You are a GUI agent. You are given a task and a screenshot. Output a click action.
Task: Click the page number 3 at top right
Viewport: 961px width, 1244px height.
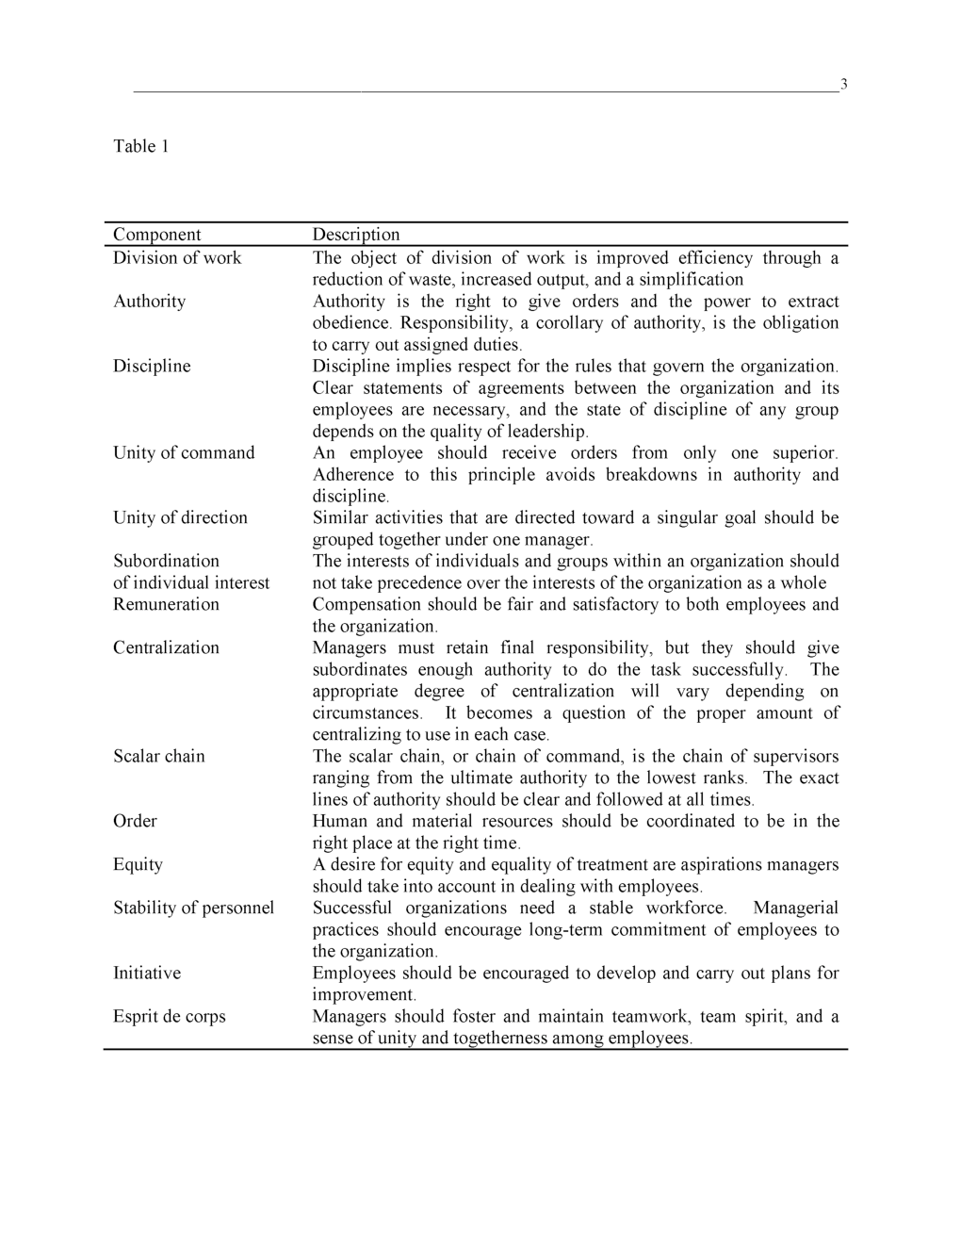pos(843,85)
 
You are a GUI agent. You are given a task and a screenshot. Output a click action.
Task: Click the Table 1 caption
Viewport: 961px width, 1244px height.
pos(141,146)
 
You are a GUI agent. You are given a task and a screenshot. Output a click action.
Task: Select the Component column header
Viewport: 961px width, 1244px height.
pos(157,235)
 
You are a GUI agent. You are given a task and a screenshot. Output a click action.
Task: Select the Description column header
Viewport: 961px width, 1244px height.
pos(356,235)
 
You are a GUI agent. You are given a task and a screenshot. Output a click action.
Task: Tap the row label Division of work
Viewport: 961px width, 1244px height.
pos(177,258)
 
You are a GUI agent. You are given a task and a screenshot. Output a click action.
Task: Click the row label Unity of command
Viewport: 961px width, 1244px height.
pos(184,453)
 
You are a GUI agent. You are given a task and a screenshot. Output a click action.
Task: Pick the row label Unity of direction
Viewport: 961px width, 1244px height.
pos(180,518)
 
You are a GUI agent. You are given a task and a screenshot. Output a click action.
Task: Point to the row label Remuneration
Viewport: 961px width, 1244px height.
pos(166,605)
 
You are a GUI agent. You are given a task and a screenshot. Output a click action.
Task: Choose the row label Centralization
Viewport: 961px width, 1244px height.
pos(166,648)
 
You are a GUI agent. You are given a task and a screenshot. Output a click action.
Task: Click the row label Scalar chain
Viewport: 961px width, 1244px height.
pos(159,757)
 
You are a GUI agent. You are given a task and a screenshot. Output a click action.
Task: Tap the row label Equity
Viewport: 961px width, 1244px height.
pos(138,865)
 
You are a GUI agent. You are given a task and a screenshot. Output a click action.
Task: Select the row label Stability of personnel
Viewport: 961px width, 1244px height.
pos(194,908)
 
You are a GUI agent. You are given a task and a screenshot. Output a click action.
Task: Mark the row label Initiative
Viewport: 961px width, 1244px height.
pos(147,974)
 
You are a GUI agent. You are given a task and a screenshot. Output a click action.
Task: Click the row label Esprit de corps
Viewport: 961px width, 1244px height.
pos(170,1017)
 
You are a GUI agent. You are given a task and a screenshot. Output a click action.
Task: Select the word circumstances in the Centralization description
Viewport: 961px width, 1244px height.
pos(367,713)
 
